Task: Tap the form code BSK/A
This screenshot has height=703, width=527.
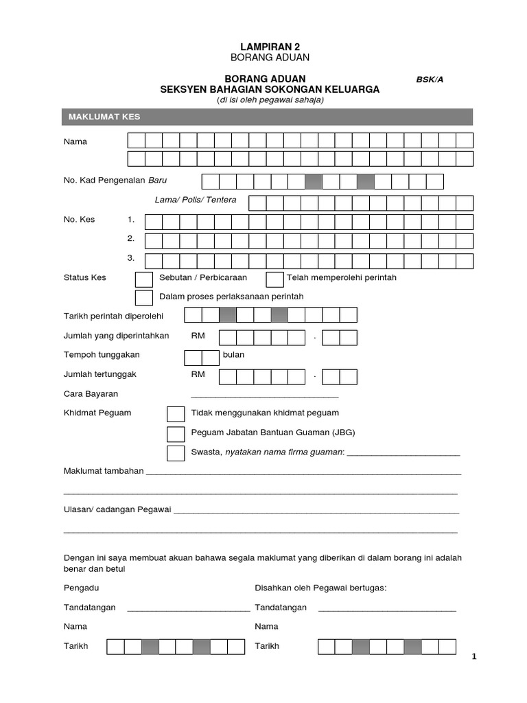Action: coord(430,79)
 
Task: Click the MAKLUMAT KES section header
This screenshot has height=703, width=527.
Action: coord(104,117)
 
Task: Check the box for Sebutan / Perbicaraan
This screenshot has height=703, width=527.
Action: coord(144,279)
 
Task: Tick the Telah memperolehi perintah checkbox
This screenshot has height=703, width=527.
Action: coord(274,279)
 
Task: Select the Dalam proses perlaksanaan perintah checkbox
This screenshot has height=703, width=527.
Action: coord(144,297)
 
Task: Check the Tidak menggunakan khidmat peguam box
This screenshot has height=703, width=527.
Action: coord(176,414)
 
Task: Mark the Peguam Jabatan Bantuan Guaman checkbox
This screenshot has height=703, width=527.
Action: coord(176,434)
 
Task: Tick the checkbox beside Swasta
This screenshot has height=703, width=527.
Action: coord(176,453)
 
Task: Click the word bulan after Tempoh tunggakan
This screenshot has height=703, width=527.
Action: coord(233,355)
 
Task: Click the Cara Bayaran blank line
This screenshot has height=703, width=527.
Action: coord(264,395)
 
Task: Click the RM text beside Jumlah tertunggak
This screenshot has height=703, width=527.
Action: coord(198,374)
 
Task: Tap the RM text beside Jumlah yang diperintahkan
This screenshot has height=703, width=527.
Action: coord(198,336)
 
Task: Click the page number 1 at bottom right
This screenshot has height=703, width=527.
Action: coord(473,657)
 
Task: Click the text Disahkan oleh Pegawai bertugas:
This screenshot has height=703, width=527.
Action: coord(320,588)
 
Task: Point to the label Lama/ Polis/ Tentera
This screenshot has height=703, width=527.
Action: coord(196,200)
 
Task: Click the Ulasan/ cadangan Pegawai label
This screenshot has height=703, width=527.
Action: coord(117,511)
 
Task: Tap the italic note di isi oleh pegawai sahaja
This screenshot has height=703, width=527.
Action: coord(270,100)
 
